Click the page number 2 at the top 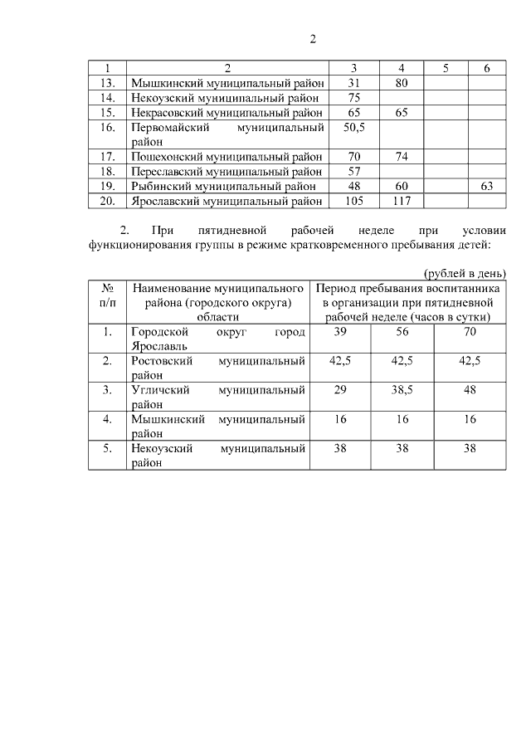pyautogui.click(x=313, y=38)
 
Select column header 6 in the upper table pyautogui.click(x=486, y=67)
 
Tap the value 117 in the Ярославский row pyautogui.click(x=401, y=201)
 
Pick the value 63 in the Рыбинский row pyautogui.click(x=486, y=186)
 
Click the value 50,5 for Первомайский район pyautogui.click(x=354, y=128)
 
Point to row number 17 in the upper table pyautogui.click(x=106, y=156)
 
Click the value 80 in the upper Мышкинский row pyautogui.click(x=401, y=82)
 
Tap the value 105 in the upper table pyautogui.click(x=354, y=201)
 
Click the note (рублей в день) pyautogui.click(x=464, y=273)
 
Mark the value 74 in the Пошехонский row pyautogui.click(x=401, y=156)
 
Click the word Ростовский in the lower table pyautogui.click(x=162, y=361)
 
